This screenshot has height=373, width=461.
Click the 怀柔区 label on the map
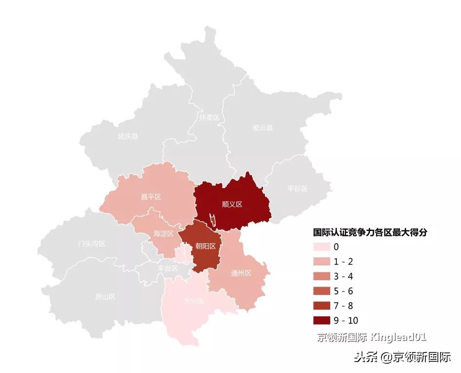(210, 118)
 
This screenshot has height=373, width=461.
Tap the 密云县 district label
(262, 128)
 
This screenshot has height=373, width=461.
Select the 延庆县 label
(128, 136)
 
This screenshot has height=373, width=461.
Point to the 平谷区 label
(298, 188)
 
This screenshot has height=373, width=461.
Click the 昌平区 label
(151, 197)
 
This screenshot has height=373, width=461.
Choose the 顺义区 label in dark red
(232, 204)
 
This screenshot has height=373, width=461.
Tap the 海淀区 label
(163, 233)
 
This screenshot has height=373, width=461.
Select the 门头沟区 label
(92, 243)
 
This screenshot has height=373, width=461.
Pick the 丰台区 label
(168, 268)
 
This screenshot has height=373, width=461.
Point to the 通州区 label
(241, 273)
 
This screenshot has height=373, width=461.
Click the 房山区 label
(105, 296)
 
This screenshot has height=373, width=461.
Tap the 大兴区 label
(194, 301)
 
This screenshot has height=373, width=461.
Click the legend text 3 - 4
(343, 276)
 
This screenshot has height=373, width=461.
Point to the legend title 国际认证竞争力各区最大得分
(370, 233)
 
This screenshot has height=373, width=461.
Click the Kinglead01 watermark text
(399, 337)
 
